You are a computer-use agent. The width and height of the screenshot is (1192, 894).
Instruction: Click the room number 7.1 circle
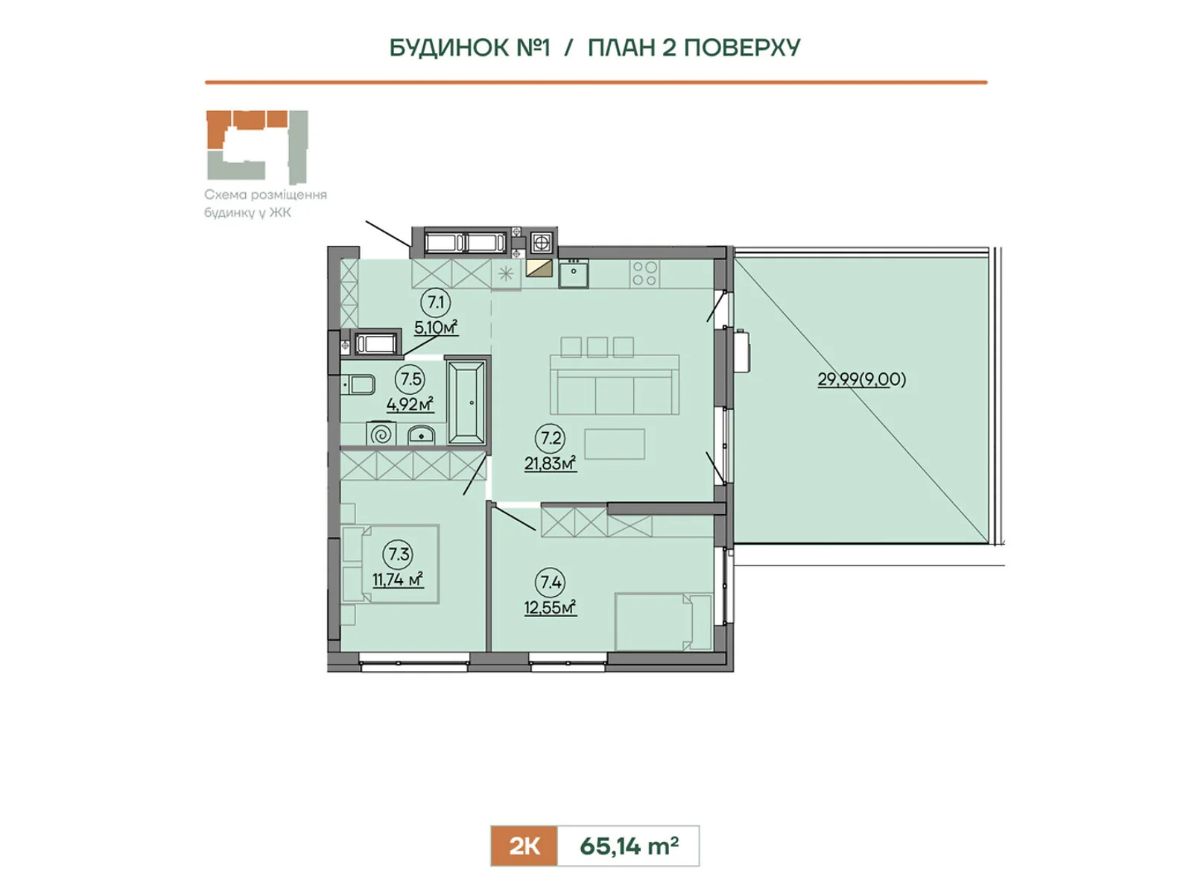click(x=436, y=302)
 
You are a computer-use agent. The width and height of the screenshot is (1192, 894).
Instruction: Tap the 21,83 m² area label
click(x=550, y=464)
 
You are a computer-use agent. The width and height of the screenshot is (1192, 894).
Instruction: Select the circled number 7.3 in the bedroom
click(x=399, y=554)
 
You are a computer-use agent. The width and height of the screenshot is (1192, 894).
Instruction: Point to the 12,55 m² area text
click(x=550, y=607)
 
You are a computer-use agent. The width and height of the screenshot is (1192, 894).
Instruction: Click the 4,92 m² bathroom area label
click(x=410, y=405)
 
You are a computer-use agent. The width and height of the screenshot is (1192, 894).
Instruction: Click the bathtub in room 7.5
click(x=466, y=402)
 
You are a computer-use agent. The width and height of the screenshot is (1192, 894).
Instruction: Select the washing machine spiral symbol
click(x=381, y=435)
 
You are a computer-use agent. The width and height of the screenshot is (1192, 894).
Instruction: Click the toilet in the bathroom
click(x=358, y=385)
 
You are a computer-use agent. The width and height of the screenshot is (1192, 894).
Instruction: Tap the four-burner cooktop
click(x=644, y=273)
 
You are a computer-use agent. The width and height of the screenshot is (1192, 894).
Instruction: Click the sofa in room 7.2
click(x=614, y=385)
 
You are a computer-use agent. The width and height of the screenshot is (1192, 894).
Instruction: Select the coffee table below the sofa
click(x=615, y=444)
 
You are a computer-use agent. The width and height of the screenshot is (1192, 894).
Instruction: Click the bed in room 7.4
click(x=663, y=621)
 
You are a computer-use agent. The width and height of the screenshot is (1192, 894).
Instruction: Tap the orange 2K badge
click(x=524, y=846)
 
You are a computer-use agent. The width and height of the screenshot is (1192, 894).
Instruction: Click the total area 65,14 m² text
click(x=629, y=846)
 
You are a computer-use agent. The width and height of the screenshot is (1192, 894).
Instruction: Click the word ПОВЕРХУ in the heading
click(x=742, y=48)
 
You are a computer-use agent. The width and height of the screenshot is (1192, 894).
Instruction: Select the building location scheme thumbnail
click(x=257, y=147)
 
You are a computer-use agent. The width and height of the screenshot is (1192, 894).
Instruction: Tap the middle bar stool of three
click(x=597, y=347)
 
